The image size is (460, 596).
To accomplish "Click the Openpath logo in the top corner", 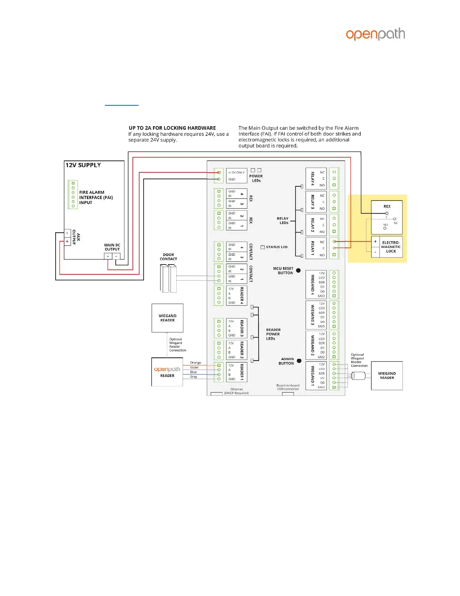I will click(375, 34).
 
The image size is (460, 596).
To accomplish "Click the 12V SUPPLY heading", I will click(83, 165).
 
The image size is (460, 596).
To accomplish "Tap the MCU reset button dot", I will click(298, 271).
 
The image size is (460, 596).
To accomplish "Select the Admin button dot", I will click(299, 361).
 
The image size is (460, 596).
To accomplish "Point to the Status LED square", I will click(263, 247).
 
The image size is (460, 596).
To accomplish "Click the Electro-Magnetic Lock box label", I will click(391, 247).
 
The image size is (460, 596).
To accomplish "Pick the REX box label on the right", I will click(387, 206).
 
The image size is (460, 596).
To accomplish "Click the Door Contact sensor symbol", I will click(168, 278).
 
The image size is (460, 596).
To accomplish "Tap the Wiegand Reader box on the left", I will click(168, 318).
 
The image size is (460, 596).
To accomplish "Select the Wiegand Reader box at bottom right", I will click(387, 376).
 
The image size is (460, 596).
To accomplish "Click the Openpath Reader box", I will click(167, 372).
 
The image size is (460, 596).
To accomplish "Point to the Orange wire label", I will click(195, 363).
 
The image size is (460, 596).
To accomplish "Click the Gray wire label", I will click(194, 377).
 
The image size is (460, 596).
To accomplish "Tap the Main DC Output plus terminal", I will click(108, 256).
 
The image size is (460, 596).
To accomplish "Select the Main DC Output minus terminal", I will click(116, 256).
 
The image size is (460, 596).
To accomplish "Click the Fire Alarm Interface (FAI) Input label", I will click(96, 198).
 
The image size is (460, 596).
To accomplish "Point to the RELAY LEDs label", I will click(283, 220).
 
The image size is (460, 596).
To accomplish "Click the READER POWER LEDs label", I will click(273, 334).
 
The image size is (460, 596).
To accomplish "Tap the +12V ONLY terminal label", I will click(236, 172).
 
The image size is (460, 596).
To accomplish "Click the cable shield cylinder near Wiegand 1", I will click(359, 376).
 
